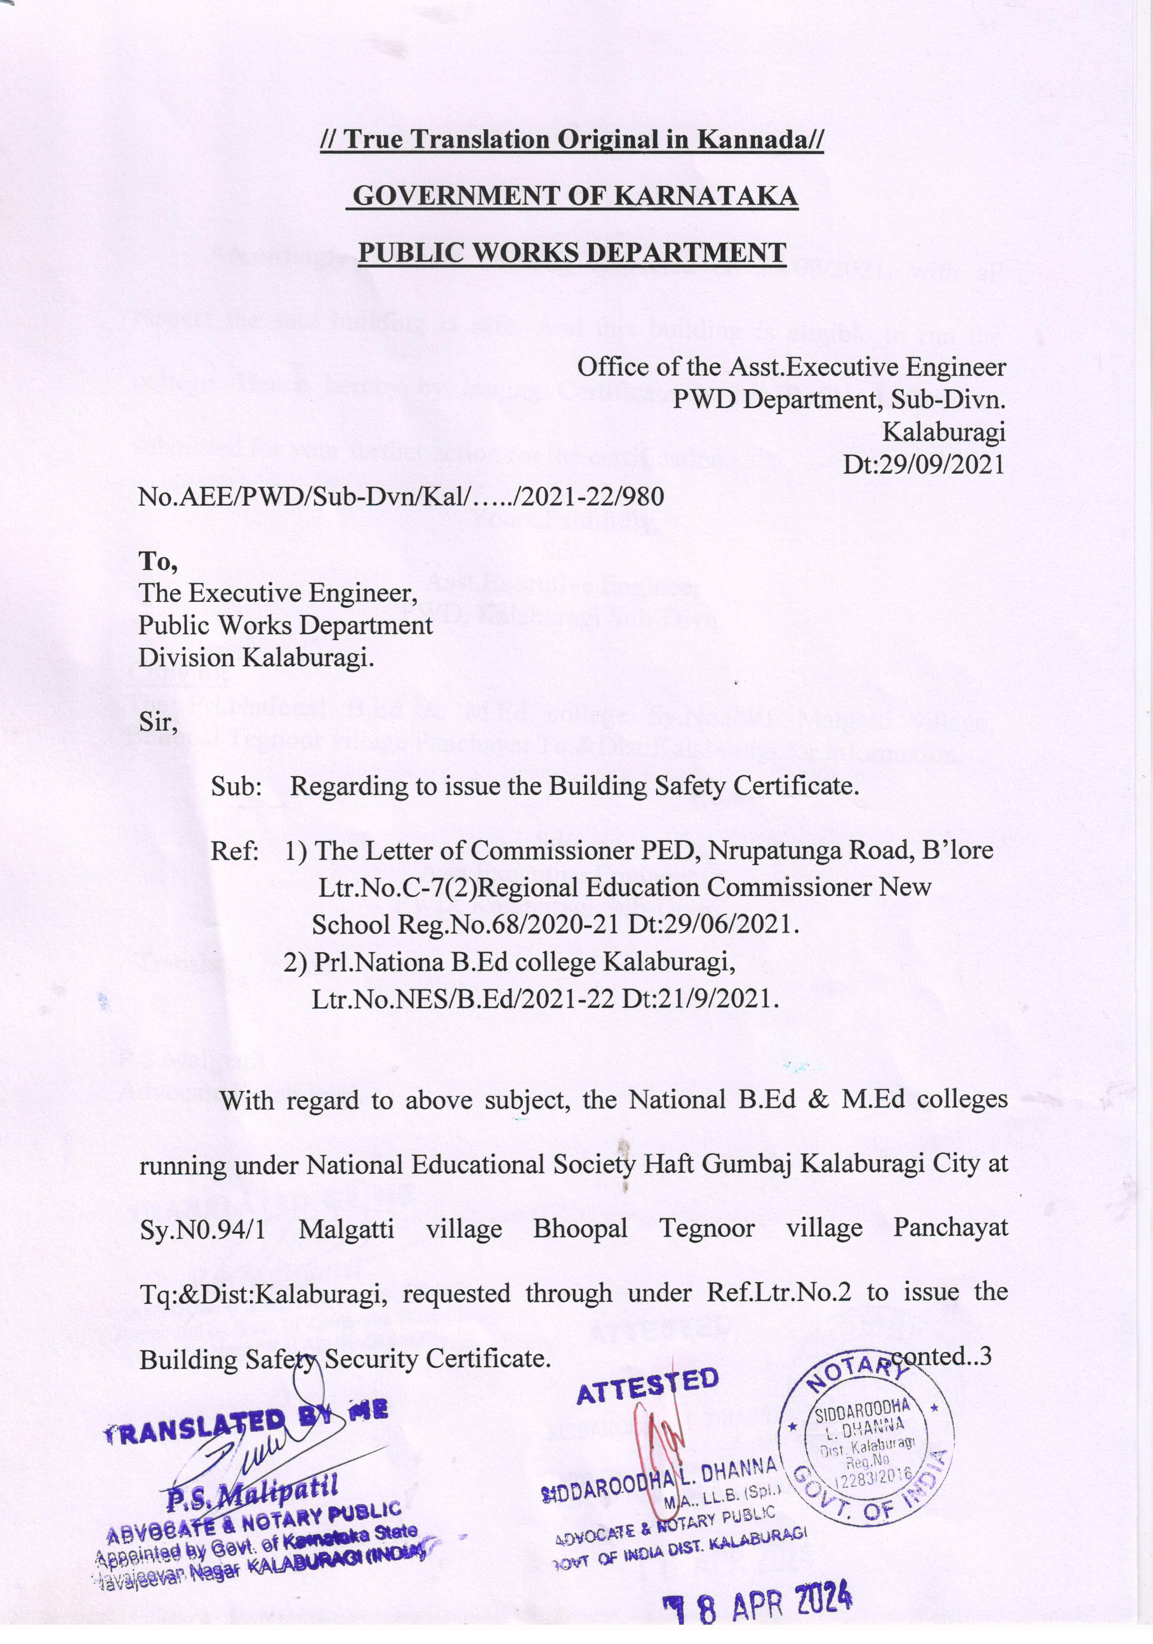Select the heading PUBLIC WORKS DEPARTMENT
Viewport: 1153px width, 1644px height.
click(572, 252)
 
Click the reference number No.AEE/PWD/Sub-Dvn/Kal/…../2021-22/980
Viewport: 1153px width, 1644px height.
click(401, 496)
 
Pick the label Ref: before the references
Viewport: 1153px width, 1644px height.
click(234, 851)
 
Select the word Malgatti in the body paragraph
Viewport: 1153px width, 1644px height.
click(346, 1229)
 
